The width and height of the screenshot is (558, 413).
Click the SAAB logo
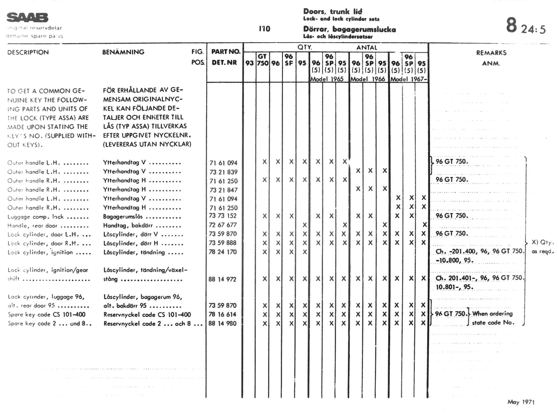[x=27, y=18]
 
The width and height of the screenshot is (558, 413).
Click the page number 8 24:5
[x=526, y=26]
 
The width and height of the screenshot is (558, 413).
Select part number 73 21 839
[x=223, y=172]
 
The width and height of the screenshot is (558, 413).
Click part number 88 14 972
[x=222, y=279]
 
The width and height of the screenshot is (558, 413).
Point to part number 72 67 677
[x=223, y=225]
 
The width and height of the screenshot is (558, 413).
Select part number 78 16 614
[x=222, y=315]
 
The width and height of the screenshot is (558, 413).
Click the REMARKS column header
[x=491, y=53]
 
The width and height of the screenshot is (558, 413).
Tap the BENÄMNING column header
[x=123, y=52]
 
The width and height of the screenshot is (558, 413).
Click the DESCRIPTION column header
[x=28, y=52]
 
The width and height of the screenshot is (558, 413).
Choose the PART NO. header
[x=226, y=52]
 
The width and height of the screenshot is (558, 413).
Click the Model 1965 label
[x=327, y=79]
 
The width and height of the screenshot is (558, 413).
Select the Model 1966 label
[x=368, y=79]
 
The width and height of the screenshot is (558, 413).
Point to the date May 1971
[x=521, y=402]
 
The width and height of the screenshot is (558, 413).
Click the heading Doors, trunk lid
[x=333, y=12]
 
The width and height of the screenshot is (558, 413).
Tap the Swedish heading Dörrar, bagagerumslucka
[x=349, y=29]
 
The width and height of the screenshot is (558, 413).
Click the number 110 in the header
[x=264, y=29]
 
